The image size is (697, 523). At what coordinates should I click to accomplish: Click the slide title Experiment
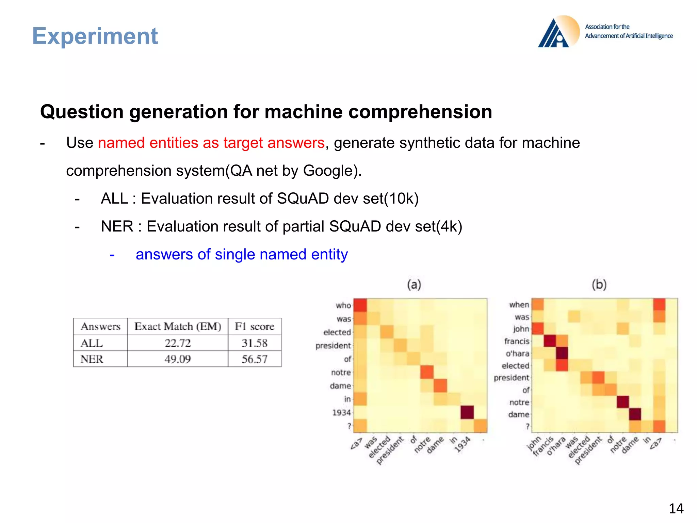pos(95,36)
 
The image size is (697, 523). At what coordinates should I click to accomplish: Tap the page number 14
pos(676,509)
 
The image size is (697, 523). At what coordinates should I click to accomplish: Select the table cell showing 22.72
pos(178,343)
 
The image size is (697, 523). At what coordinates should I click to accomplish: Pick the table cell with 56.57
pos(255,359)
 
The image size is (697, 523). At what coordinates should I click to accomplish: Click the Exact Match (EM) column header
pos(178,327)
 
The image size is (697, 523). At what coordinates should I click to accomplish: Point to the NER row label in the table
pos(92,359)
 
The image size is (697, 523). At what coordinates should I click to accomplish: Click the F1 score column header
pos(255,327)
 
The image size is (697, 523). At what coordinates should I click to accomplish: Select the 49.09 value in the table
pos(178,359)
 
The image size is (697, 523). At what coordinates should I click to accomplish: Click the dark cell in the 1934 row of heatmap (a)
pos(467,412)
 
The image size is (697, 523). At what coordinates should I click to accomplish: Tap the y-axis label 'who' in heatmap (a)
pos(343,305)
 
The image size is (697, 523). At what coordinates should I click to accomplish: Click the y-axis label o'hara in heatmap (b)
pos(517,353)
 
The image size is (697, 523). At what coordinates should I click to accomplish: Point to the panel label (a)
pos(414,284)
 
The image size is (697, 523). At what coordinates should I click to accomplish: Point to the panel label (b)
pos(599,284)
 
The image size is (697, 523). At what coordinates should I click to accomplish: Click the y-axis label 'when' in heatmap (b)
pos(519,305)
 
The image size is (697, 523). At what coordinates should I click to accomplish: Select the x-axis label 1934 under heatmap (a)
pos(463,445)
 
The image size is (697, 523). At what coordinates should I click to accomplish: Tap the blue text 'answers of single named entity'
pos(242,254)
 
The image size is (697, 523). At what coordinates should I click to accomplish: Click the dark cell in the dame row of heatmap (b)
pos(635,414)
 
